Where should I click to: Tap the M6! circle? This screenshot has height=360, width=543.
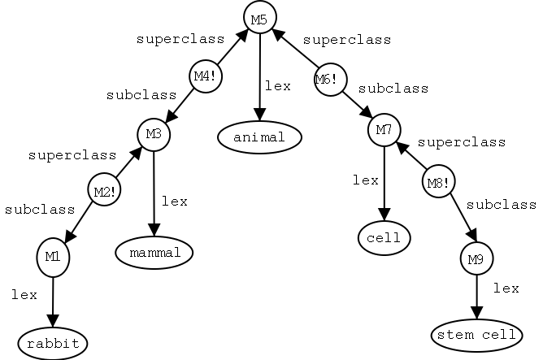click(x=330, y=80)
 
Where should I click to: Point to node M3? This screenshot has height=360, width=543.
click(x=154, y=134)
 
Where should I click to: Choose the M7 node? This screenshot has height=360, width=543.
click(x=384, y=129)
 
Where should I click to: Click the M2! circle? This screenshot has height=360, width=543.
click(x=104, y=192)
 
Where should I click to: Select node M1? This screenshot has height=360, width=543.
click(x=53, y=257)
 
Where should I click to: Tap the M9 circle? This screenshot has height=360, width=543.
click(x=476, y=260)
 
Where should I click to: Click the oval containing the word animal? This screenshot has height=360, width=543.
click(x=259, y=137)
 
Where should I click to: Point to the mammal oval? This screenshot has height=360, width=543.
click(x=154, y=254)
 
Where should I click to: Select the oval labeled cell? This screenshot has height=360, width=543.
click(x=384, y=238)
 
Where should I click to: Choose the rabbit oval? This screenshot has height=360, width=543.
click(x=53, y=344)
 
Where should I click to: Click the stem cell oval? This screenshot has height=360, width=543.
click(x=476, y=335)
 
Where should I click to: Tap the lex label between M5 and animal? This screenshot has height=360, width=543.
click(x=277, y=85)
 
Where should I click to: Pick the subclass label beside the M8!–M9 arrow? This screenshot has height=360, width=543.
click(x=501, y=205)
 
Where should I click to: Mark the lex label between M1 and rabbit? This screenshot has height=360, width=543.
click(x=24, y=295)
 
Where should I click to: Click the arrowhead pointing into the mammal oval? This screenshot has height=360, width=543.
click(x=153, y=232)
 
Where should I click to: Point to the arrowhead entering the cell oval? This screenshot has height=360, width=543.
click(x=384, y=219)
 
